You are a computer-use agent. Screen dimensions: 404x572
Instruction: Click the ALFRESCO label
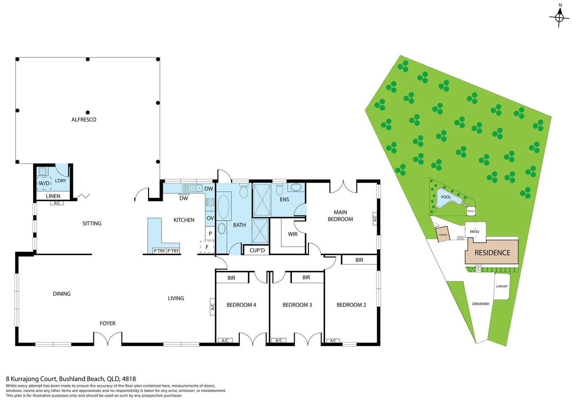coord(84,120)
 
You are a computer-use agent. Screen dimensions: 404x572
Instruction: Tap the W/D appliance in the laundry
coord(44,183)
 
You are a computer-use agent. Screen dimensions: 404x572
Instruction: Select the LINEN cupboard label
coord(53,196)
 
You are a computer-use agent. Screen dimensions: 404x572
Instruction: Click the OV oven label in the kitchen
coord(210,218)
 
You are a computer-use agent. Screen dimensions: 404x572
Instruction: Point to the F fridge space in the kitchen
coord(207,247)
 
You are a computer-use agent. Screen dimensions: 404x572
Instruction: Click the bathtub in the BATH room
coord(224,206)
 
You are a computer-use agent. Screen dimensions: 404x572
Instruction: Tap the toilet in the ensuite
coord(279,190)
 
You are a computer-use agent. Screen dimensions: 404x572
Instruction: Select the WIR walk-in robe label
coord(293,234)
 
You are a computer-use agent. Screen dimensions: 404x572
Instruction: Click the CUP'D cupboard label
coord(257,250)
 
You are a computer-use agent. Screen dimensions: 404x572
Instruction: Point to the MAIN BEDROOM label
coord(340,216)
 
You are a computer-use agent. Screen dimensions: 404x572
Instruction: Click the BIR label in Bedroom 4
coord(231,278)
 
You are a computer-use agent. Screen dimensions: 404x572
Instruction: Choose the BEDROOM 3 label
coord(297,305)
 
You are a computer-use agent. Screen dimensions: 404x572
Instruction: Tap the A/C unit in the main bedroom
coord(375,218)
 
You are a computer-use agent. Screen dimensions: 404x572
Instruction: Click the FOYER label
coord(107,323)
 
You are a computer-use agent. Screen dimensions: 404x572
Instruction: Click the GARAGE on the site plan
coord(443,235)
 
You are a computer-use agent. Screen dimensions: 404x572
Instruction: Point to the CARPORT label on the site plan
coord(502,287)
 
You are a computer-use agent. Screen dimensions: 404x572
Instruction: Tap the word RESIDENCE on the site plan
coord(492,253)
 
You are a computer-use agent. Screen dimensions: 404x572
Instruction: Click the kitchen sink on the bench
coord(192,188)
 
